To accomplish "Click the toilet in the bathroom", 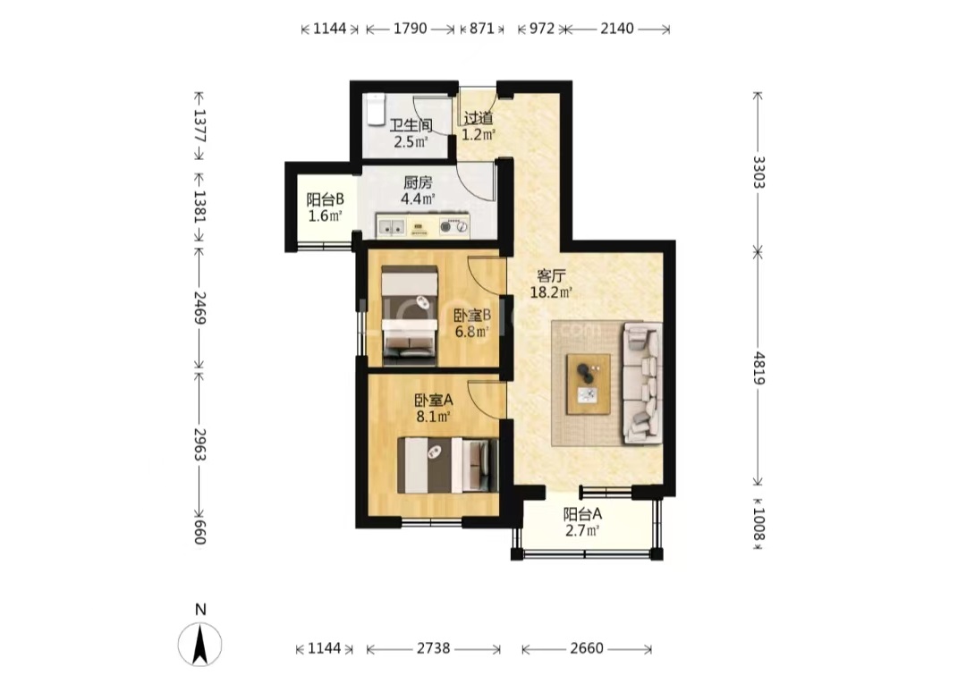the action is [375, 110].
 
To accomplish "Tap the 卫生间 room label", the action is [411, 125].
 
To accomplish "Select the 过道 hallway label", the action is [478, 118].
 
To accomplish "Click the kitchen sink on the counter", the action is [391, 227].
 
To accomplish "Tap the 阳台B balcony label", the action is [325, 199].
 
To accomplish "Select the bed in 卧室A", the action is [447, 465].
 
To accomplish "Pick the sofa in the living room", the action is [642, 383].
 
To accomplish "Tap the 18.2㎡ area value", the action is [551, 292].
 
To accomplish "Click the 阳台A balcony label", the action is [582, 513].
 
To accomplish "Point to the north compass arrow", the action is [199, 645].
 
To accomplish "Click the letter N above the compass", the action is [200, 610].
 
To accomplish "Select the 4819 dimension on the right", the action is [758, 368].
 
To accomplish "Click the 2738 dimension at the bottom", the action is [433, 648].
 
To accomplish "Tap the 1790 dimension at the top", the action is [411, 29].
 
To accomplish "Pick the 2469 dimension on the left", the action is [199, 308].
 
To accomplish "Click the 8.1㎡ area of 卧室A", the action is [433, 417].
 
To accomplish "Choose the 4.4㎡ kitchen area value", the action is [418, 198].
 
